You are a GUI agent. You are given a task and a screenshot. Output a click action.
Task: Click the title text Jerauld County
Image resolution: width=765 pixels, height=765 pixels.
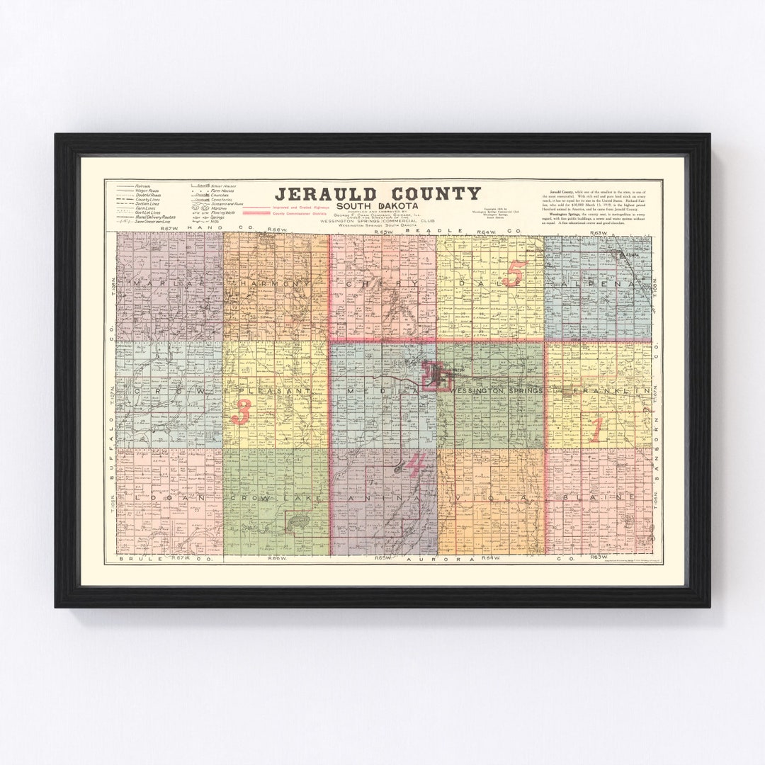[378, 194]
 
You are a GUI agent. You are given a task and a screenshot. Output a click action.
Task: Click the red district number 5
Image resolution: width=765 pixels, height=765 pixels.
[515, 273]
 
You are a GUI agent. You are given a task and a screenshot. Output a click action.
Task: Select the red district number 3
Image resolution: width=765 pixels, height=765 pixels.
[241, 412]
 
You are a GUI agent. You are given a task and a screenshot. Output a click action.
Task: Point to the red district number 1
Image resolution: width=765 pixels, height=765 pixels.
[596, 430]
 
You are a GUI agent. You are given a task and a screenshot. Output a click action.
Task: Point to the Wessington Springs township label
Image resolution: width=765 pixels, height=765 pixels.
[496, 390]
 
